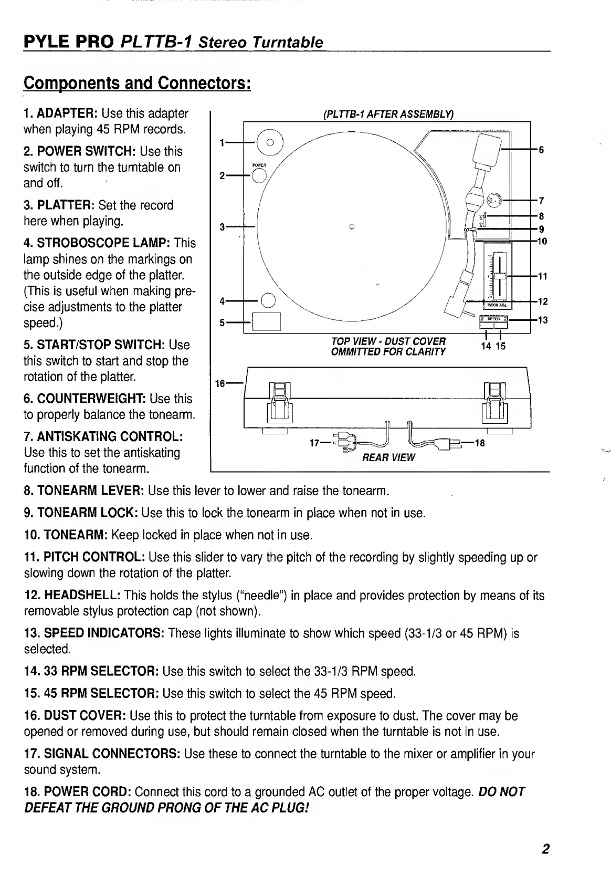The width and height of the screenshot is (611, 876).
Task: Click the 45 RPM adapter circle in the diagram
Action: click(x=270, y=142)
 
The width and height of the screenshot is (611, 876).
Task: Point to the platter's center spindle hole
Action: click(x=352, y=227)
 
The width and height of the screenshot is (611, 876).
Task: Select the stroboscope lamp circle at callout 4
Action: click(x=268, y=300)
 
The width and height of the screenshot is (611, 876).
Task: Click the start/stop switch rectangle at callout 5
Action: click(x=267, y=321)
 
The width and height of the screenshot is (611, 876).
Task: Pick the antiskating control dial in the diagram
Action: click(x=494, y=200)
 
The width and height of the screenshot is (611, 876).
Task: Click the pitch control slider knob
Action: click(x=500, y=276)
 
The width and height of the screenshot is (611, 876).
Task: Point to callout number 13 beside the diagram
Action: click(x=543, y=320)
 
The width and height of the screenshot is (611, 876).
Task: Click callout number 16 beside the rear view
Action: click(x=220, y=383)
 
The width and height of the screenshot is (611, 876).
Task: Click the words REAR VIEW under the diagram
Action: click(x=388, y=457)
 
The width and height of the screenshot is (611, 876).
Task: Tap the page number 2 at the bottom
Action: click(x=546, y=849)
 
